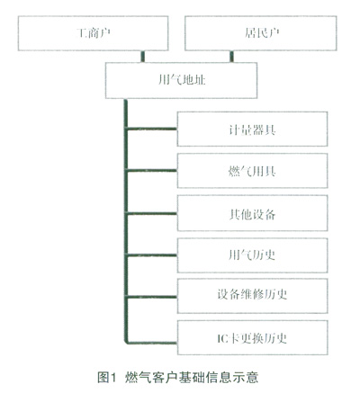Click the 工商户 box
(93, 33)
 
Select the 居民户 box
(261, 33)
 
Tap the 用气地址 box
(181, 80)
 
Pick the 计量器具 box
(252, 129)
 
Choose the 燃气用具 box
(252, 171)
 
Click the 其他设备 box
(252, 213)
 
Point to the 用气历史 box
(252, 255)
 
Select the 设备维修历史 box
(252, 296)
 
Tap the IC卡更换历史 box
(252, 338)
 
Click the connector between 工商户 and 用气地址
(143, 57)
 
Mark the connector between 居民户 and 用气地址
(231, 57)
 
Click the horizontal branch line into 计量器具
(152, 129)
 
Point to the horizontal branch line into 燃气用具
(152, 171)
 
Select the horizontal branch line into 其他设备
(152, 213)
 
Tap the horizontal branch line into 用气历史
(152, 255)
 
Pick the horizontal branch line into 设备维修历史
(152, 297)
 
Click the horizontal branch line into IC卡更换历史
(151, 343)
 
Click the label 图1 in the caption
(106, 377)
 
